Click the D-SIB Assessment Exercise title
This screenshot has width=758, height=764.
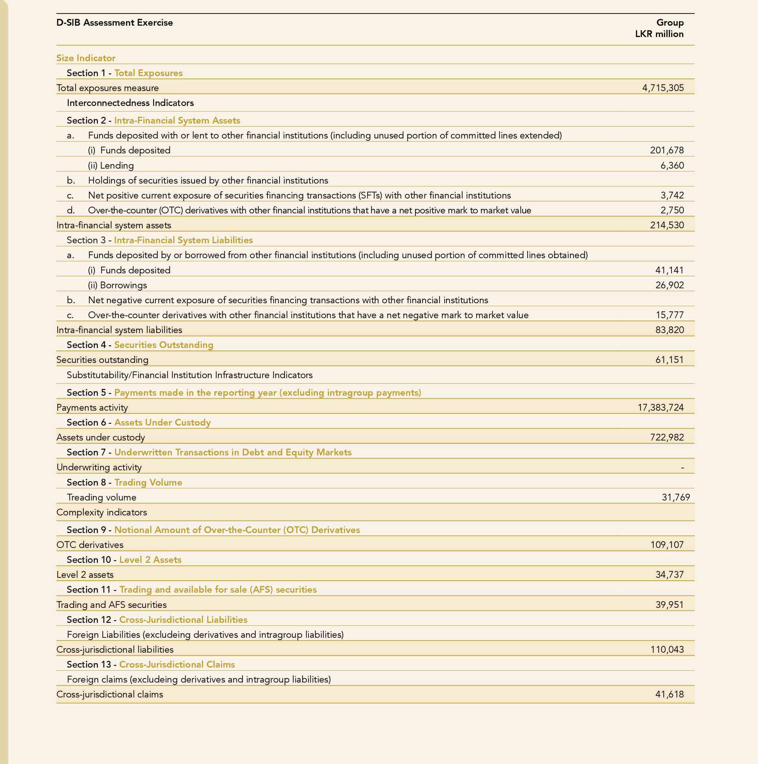click(x=114, y=23)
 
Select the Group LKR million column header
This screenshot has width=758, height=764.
click(x=659, y=28)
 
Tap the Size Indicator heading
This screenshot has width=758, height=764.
click(x=86, y=58)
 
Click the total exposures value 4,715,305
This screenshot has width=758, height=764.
click(x=663, y=88)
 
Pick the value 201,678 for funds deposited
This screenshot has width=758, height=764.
click(x=667, y=150)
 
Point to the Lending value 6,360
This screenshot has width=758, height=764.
click(x=672, y=165)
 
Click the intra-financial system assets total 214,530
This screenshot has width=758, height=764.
click(x=667, y=225)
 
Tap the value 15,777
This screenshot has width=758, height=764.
click(x=669, y=315)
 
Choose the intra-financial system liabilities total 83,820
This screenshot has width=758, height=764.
click(x=669, y=330)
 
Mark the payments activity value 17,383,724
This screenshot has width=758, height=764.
click(x=660, y=407)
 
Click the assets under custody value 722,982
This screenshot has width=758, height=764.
click(x=667, y=438)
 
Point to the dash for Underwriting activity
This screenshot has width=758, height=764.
click(x=682, y=467)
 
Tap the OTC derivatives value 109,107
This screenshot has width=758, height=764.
click(x=667, y=545)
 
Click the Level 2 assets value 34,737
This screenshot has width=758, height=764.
click(x=669, y=574)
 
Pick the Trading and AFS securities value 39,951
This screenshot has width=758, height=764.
click(x=669, y=605)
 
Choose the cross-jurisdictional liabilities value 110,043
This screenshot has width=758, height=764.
click(x=667, y=649)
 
